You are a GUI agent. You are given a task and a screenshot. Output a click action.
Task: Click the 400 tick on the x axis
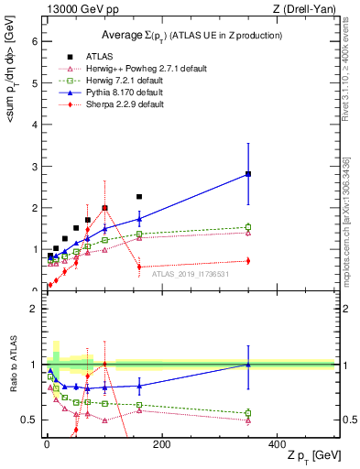coord(277,444)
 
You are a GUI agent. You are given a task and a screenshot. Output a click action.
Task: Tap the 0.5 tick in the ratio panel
coord(29,420)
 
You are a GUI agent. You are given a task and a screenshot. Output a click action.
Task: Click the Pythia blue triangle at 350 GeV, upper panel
coord(248,173)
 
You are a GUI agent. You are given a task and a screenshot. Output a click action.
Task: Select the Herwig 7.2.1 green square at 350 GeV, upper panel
coord(248,227)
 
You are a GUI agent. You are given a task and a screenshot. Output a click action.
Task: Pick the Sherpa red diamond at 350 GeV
coord(248,261)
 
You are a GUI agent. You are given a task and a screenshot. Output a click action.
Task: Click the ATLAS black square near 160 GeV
coord(139,197)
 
